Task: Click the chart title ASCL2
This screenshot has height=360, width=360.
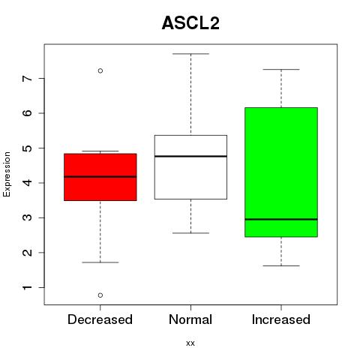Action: click(x=190, y=23)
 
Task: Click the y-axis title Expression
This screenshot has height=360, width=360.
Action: click(x=7, y=174)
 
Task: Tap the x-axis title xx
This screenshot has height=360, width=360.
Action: click(x=190, y=343)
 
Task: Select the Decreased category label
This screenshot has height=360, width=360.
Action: click(x=100, y=319)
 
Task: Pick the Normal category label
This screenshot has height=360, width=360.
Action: click(x=190, y=319)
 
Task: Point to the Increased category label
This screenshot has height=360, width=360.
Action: click(x=281, y=319)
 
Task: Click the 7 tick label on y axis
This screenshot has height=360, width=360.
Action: click(x=28, y=78)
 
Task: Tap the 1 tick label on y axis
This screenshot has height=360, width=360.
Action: click(x=28, y=287)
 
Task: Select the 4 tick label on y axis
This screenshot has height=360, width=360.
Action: click(x=28, y=183)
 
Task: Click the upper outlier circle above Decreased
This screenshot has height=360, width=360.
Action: click(x=100, y=70)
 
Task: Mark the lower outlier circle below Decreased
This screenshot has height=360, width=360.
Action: click(x=100, y=295)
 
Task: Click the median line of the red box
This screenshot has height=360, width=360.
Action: click(x=100, y=177)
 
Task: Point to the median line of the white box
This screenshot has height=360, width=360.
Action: click(x=190, y=156)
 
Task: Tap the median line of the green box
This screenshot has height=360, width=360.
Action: click(x=281, y=219)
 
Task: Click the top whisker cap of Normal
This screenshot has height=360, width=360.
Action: click(x=190, y=54)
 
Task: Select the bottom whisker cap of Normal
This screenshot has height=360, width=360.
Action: click(x=190, y=233)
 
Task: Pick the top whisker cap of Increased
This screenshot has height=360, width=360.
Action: click(x=281, y=70)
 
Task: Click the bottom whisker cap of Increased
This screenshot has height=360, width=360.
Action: click(x=281, y=265)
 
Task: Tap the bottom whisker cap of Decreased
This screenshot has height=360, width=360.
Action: click(x=100, y=262)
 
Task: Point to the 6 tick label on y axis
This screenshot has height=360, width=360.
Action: click(x=28, y=113)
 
